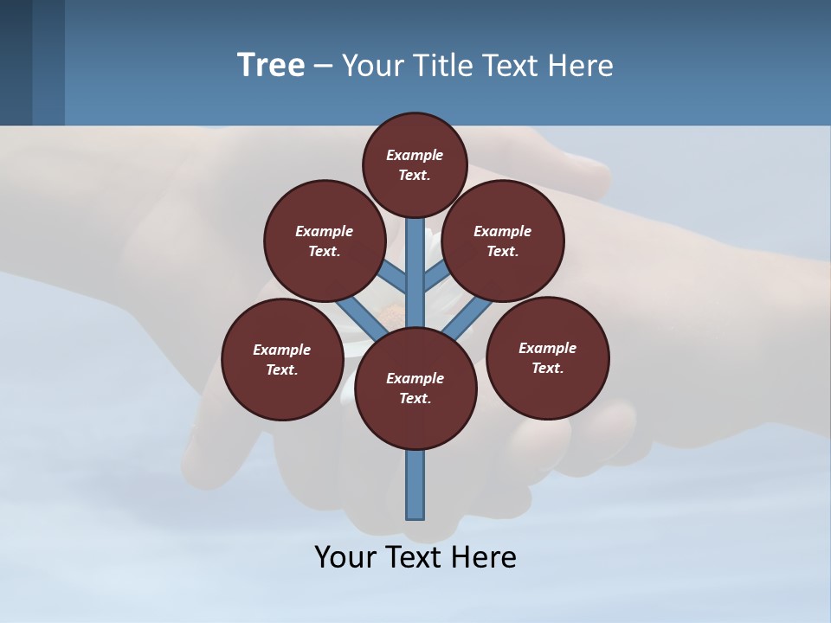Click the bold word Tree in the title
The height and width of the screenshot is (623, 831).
271,65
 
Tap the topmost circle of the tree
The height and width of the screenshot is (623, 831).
415,164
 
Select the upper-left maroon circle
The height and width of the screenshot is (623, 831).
324,241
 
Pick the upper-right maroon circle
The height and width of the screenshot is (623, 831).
503,241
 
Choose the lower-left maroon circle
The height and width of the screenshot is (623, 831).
282,359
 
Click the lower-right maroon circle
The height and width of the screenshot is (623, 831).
547,357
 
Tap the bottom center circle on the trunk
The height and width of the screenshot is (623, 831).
415,388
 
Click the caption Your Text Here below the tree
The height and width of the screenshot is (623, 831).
415,556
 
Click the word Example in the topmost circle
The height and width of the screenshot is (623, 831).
415,155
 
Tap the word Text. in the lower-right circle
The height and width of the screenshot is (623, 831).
547,368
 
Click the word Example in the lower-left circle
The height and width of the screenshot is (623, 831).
282,350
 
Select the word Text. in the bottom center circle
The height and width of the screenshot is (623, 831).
415,398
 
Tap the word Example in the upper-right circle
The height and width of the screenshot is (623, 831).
503,231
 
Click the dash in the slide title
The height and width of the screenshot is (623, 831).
323,65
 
